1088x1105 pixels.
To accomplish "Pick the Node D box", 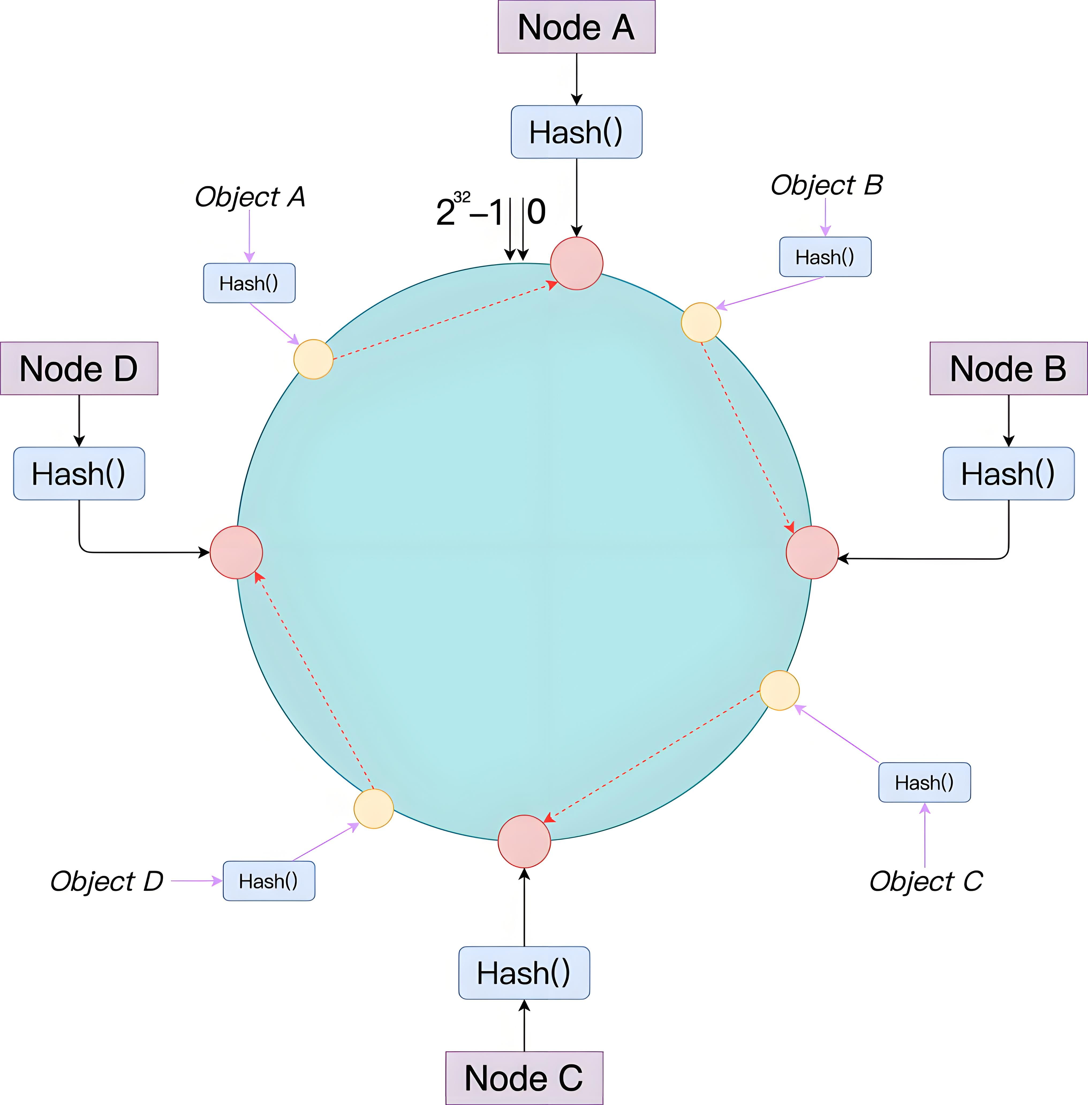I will click(79, 369).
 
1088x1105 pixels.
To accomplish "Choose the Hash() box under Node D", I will click(79, 474).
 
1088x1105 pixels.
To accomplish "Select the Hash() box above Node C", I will click(524, 973).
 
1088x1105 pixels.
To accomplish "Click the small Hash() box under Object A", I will click(249, 283).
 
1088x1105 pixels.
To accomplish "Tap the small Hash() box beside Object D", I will click(269, 881).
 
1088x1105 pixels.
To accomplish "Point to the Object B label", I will click(826, 185).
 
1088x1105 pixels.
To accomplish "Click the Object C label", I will click(926, 881).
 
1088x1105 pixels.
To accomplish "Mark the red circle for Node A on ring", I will click(577, 263).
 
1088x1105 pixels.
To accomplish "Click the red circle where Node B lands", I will click(812, 552).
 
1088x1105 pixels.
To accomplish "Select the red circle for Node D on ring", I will click(236, 552).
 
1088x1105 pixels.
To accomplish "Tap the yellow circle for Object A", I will click(313, 359).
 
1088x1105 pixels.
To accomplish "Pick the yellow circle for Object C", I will click(779, 690).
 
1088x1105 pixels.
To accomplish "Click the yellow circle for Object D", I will click(374, 808).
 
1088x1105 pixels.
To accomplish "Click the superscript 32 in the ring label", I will click(462, 198).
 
